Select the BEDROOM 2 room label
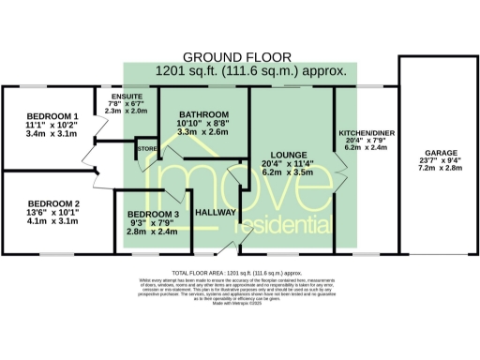pyautogui.click(x=39, y=203)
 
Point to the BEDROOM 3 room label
pyautogui.click(x=152, y=214)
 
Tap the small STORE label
pyautogui.click(x=147, y=148)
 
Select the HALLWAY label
pyautogui.click(x=215, y=214)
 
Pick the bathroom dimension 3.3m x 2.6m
pyautogui.click(x=203, y=132)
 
